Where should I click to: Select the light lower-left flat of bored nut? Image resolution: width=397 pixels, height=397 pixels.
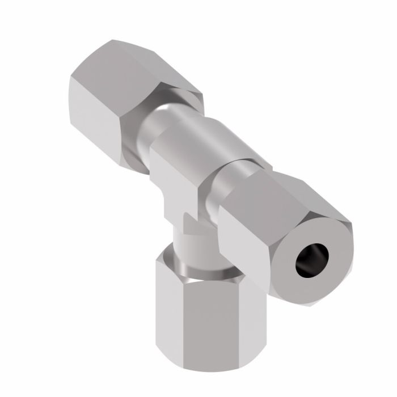pyautogui.click(x=244, y=250)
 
